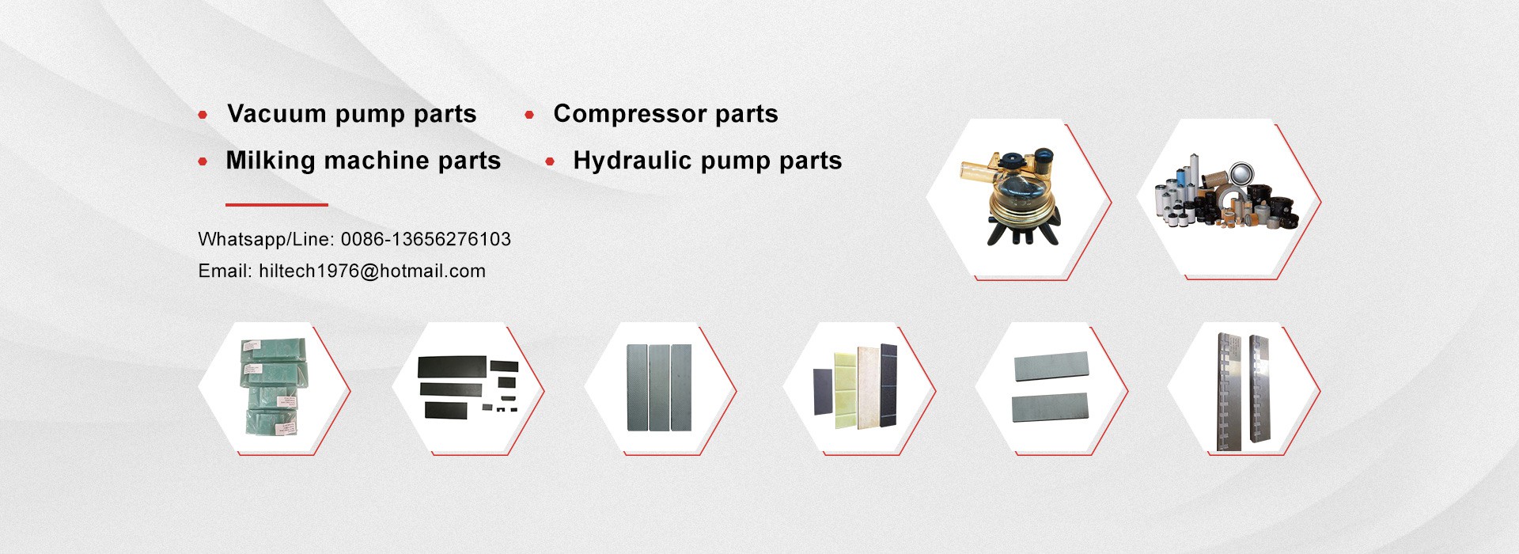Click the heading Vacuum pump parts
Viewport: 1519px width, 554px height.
click(x=352, y=114)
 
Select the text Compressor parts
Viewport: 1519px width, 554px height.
click(x=665, y=114)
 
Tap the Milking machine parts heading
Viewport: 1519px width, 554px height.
click(x=363, y=161)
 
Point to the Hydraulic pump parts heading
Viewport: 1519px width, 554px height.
click(x=707, y=161)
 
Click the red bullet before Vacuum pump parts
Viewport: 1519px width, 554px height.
click(x=203, y=115)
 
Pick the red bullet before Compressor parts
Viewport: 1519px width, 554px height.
click(x=529, y=115)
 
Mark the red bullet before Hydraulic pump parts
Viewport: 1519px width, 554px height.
click(x=550, y=161)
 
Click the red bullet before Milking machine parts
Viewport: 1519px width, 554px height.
click(x=203, y=161)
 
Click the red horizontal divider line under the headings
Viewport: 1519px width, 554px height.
click(x=277, y=204)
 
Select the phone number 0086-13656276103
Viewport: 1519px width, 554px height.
click(x=426, y=239)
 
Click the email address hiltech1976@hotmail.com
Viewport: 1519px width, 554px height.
click(x=372, y=271)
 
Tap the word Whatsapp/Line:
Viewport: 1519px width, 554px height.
click(x=266, y=239)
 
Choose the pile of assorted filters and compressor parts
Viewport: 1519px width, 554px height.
click(x=1229, y=195)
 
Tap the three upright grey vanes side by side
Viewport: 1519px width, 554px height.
click(x=659, y=387)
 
